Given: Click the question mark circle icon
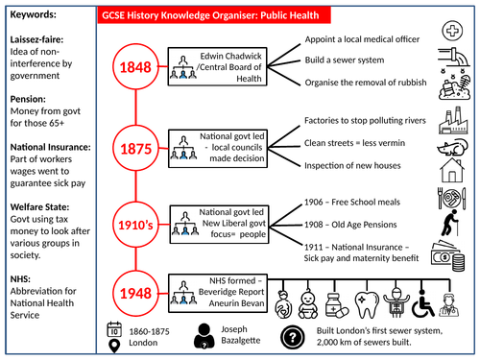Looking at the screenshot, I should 293,335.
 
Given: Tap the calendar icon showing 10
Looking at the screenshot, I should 114,327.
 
